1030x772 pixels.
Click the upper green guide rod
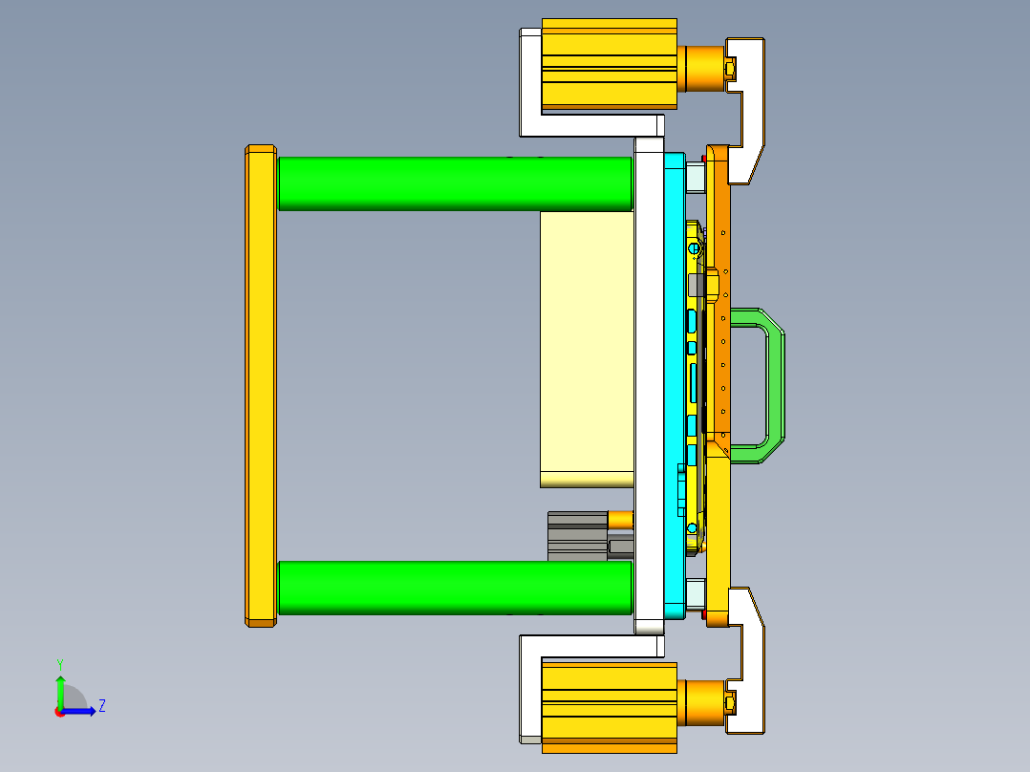coord(454,183)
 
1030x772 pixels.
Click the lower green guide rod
coord(454,588)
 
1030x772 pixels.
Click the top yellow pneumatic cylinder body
coord(609,63)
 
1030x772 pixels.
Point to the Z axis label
coord(101,706)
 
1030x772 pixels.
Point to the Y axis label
coord(59,663)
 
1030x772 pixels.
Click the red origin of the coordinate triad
coord(59,711)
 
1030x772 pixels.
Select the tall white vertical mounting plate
coord(648,382)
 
